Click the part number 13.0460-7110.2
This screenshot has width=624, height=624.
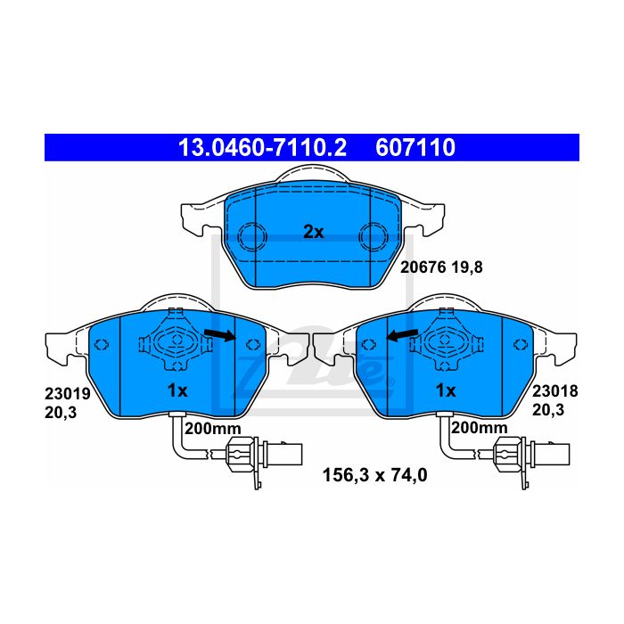point(262,148)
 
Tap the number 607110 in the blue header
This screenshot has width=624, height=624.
point(415,148)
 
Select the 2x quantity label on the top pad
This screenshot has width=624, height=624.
point(314,232)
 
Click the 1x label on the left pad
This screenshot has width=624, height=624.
point(177,390)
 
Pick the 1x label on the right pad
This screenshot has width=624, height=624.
point(446,390)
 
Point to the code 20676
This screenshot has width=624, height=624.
point(423,267)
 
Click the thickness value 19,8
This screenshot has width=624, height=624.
point(467,267)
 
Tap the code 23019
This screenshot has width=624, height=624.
point(68,394)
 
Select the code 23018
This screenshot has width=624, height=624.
point(555,391)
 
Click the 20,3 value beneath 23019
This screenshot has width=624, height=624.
point(61,413)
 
